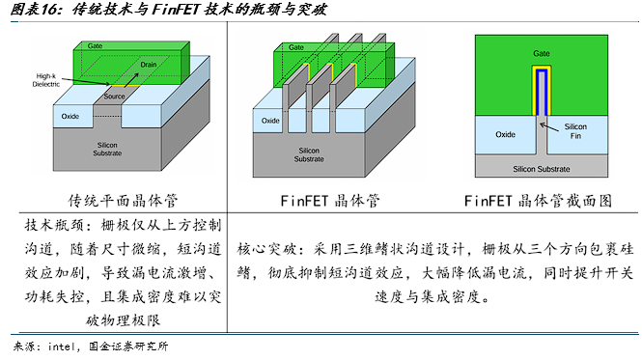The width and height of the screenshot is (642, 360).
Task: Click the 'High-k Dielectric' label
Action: coord(46,80)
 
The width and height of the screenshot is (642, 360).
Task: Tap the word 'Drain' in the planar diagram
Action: coord(149,65)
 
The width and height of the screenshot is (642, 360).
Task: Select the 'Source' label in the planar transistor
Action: coord(114,97)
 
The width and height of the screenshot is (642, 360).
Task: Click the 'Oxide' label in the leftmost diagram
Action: coord(70,117)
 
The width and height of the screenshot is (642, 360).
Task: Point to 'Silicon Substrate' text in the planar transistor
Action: coord(107,149)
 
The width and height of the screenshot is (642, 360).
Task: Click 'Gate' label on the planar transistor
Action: coord(95,46)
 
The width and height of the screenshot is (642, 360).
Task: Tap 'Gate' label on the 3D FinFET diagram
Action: coord(296,47)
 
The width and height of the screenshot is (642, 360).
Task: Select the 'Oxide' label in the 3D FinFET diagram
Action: coord(270,121)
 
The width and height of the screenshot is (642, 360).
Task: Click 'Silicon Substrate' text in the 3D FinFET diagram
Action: coord(309,154)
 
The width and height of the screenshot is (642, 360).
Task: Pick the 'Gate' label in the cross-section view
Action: coord(542,54)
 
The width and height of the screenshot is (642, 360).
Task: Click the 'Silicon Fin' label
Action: coord(575,131)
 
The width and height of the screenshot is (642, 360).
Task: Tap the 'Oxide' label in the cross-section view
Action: coord(505,135)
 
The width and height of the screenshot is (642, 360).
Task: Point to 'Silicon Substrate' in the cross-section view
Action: coord(542,169)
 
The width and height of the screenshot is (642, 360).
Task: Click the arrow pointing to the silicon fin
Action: coord(549,127)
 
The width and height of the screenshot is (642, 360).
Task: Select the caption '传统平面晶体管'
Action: coord(123,201)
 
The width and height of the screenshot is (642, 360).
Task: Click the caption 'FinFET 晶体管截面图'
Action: coord(538,201)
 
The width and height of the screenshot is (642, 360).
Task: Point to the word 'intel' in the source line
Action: coord(62,346)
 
